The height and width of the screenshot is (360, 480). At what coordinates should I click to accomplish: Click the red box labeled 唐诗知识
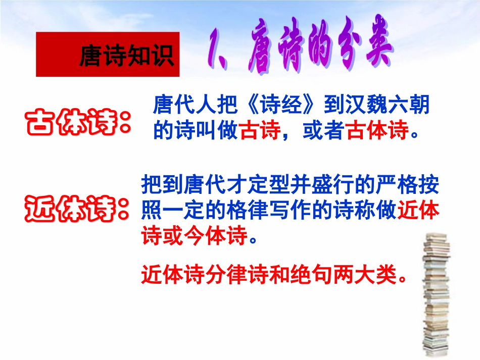[x=107, y=55]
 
